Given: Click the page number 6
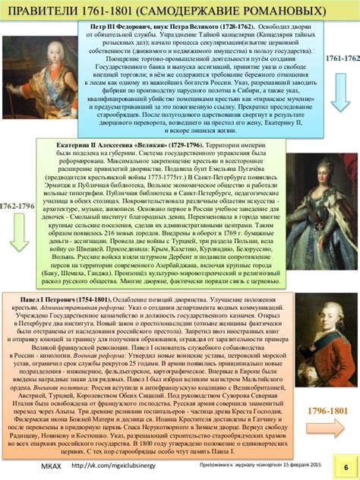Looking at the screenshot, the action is [346, 466].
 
